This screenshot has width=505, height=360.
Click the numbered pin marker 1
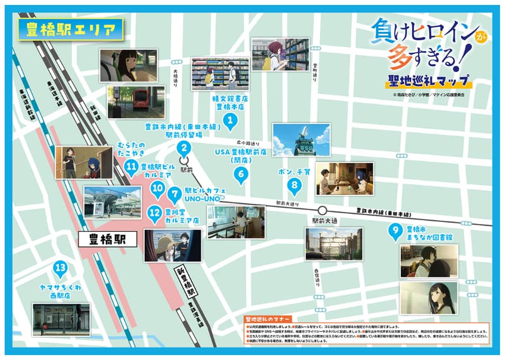point(229,120)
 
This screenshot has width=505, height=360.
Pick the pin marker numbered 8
point(293,184)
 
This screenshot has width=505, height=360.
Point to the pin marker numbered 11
point(131,166)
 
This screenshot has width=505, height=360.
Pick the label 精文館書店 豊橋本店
point(229,101)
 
